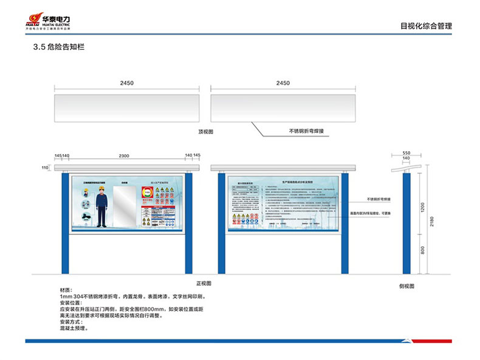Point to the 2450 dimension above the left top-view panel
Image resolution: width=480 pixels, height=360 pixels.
pyautogui.click(x=126, y=83)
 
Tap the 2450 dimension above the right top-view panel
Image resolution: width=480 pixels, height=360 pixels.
pyautogui.click(x=283, y=83)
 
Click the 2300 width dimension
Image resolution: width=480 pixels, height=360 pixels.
pyautogui.click(x=124, y=156)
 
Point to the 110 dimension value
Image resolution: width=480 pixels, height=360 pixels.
pyautogui.click(x=44, y=167)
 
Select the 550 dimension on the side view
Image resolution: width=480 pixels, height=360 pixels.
pyautogui.click(x=406, y=153)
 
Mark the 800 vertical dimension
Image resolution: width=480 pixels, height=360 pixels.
pyautogui.click(x=423, y=250)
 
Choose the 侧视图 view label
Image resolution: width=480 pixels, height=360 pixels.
pyautogui.click(x=406, y=285)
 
